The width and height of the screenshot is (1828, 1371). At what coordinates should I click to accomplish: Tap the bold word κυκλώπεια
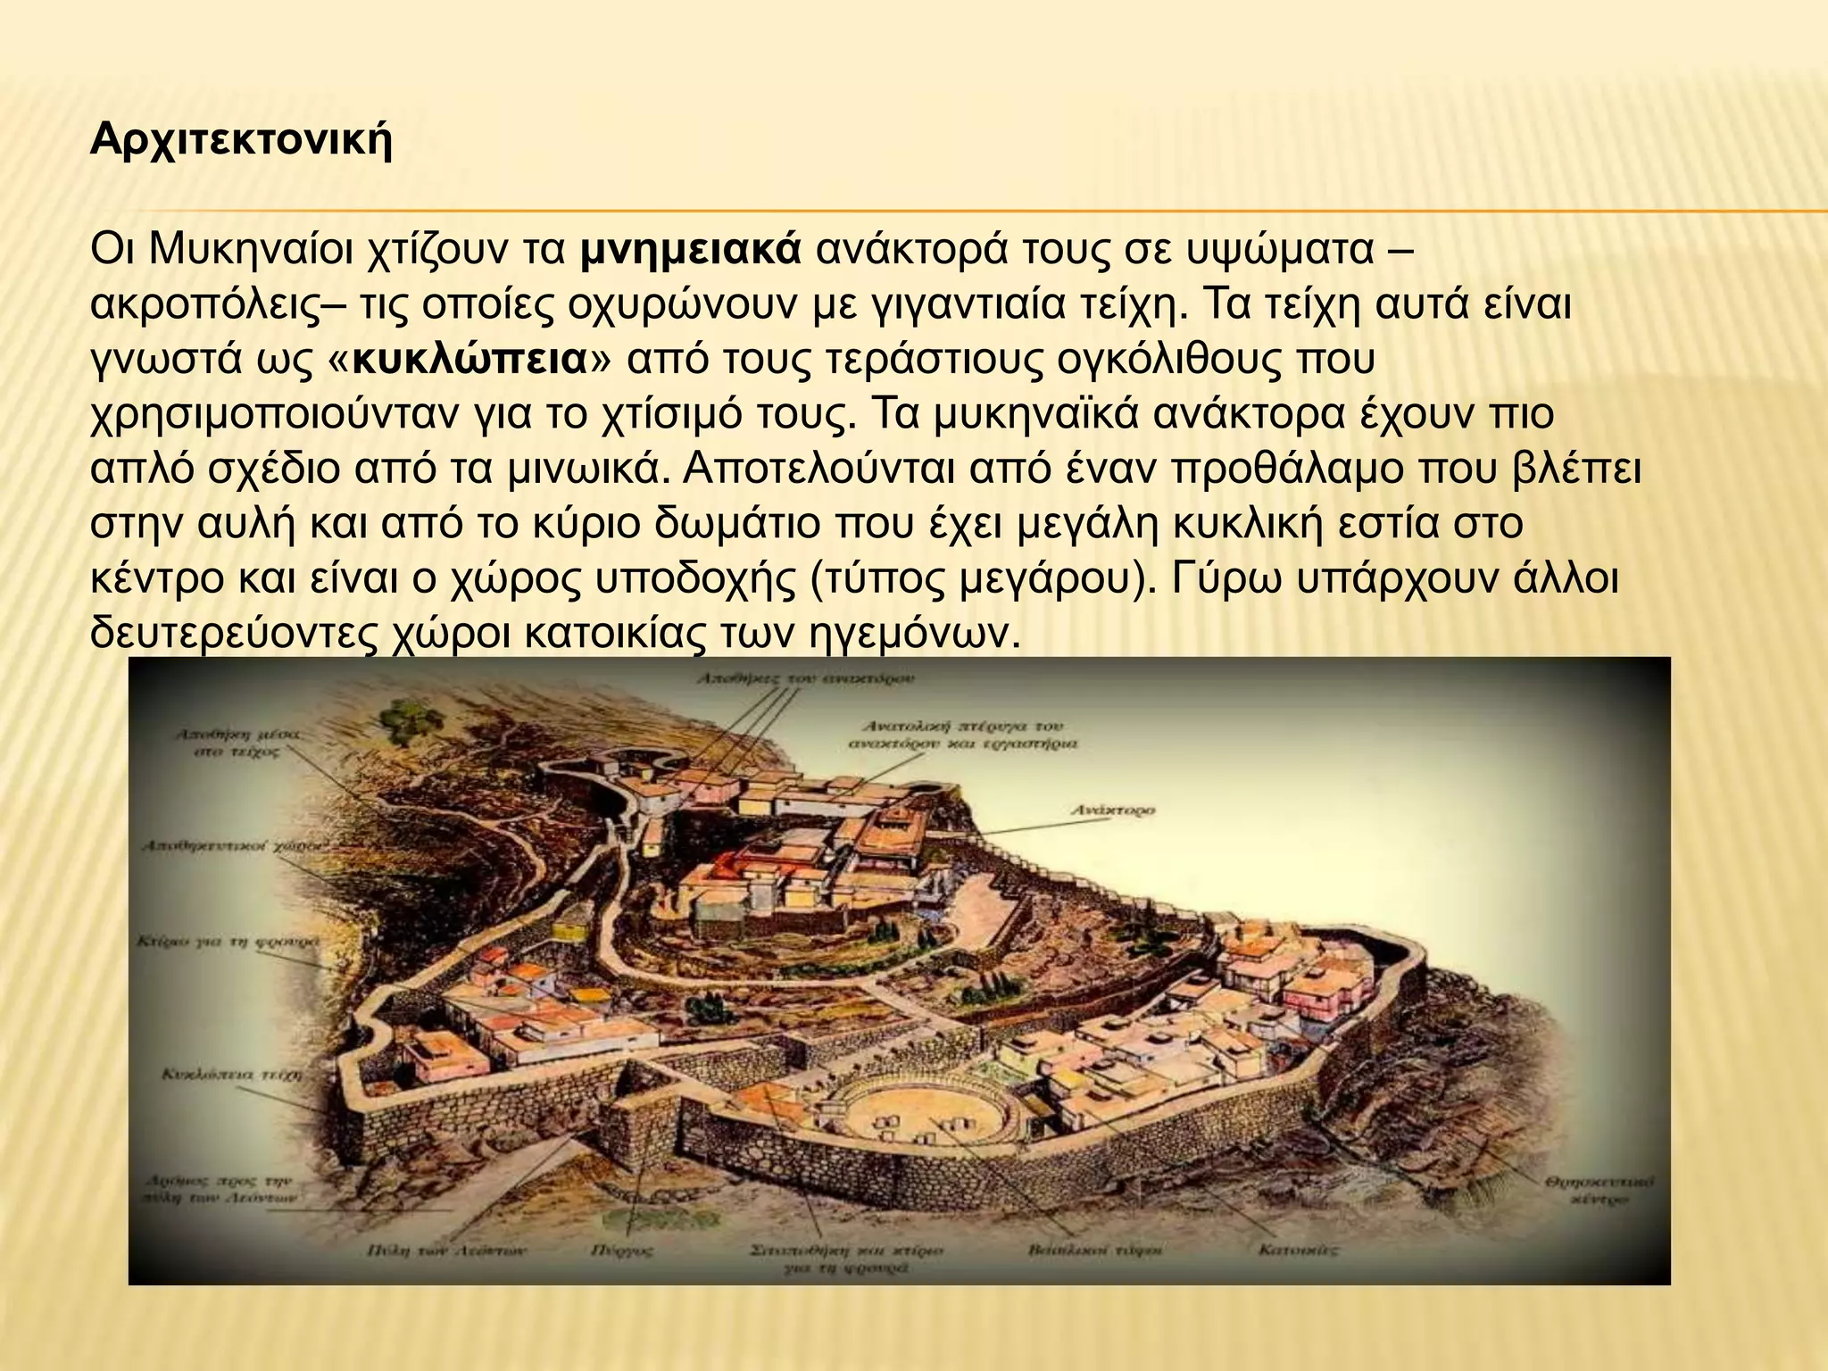point(470,360)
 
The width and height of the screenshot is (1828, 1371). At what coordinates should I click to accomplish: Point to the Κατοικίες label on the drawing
point(1298,1251)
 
